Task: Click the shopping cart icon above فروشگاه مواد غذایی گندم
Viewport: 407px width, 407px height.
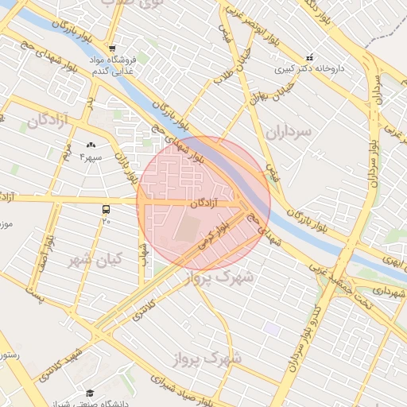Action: tap(113, 48)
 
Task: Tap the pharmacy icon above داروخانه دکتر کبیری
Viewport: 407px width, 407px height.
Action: tap(309, 57)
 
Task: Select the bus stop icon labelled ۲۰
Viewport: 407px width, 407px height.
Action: tap(106, 209)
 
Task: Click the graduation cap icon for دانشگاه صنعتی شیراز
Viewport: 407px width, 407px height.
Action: tap(89, 393)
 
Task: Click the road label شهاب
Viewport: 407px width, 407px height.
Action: tap(145, 253)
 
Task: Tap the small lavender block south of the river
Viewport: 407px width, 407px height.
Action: tap(273, 328)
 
